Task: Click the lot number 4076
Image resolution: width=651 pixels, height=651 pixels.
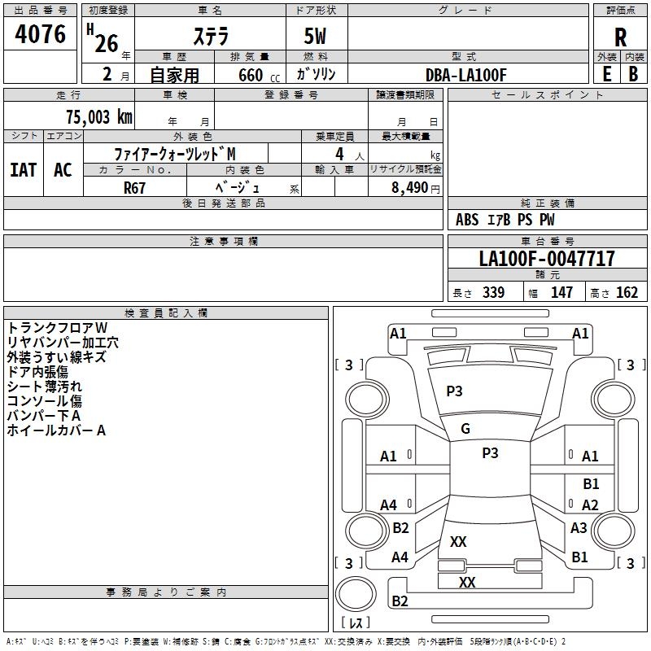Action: tap(41, 34)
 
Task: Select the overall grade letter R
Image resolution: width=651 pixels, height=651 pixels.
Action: tap(620, 37)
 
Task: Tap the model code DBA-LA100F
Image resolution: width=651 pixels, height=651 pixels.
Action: tap(466, 75)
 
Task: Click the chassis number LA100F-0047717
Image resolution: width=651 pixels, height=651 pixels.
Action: tap(547, 259)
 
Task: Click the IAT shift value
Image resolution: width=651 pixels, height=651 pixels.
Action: tap(23, 170)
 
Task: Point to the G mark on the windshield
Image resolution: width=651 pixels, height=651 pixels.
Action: tap(465, 429)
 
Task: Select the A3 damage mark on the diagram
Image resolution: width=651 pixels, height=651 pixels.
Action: tap(579, 528)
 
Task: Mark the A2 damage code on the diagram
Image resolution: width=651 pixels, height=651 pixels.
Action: tap(590, 505)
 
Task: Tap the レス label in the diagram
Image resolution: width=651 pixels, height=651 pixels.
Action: tap(355, 623)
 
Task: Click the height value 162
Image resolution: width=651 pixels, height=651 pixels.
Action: tap(627, 293)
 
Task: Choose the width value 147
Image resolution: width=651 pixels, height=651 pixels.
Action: tap(561, 293)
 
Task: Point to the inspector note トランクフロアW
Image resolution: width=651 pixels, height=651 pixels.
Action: tap(57, 327)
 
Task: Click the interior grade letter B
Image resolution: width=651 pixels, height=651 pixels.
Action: tap(633, 74)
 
